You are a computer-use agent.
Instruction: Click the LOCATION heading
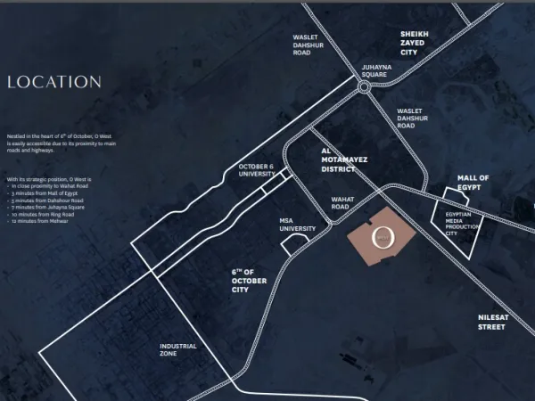point(53,82)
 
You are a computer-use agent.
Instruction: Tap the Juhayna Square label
point(374,70)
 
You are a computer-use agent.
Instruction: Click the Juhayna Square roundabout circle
point(364,87)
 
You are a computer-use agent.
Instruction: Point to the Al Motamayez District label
point(345,159)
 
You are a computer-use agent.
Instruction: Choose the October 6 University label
point(256,170)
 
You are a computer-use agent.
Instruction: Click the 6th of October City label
point(249,280)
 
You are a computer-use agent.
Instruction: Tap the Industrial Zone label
point(179,350)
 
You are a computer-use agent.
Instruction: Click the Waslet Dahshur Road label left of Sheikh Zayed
point(314,45)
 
